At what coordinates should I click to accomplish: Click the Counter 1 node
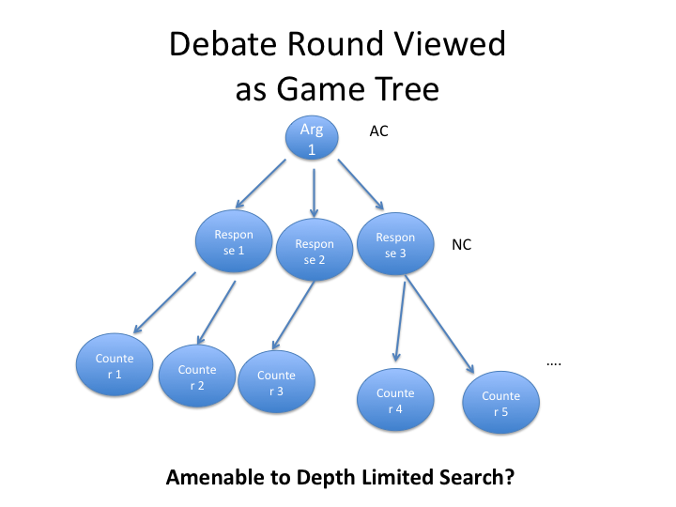click(x=115, y=366)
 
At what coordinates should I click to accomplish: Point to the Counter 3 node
click(x=276, y=384)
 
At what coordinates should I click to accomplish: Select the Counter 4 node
click(x=395, y=400)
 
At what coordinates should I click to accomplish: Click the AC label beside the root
click(x=378, y=131)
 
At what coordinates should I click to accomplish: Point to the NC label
click(x=461, y=245)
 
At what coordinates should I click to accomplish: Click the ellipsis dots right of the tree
click(x=553, y=361)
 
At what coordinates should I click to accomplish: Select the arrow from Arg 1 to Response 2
click(x=314, y=188)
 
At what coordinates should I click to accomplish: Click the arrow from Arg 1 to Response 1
click(x=263, y=184)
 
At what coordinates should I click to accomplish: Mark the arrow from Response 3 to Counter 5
click(x=438, y=322)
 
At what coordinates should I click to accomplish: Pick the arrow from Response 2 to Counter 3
click(x=294, y=317)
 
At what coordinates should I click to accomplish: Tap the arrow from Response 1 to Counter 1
click(x=164, y=303)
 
